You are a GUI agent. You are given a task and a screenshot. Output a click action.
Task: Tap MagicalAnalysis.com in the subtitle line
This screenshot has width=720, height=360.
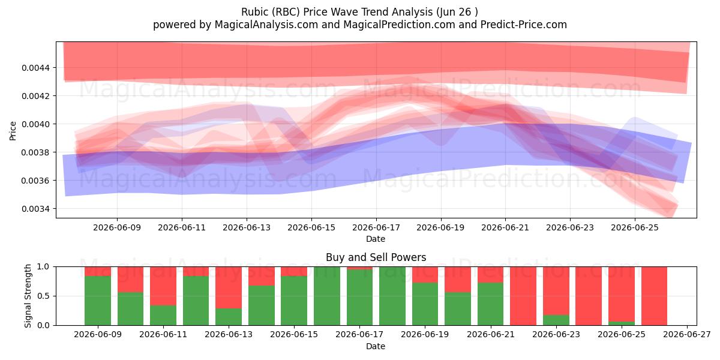(x=266, y=25)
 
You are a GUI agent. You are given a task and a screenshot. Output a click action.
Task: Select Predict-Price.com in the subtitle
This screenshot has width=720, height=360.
(x=524, y=25)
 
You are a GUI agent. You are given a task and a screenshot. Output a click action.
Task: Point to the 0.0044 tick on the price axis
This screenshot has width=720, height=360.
(x=35, y=68)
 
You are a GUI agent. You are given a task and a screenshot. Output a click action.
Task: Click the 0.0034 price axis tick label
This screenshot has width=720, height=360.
(x=35, y=209)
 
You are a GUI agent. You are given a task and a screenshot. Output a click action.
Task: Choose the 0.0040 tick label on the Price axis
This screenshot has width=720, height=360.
(x=35, y=124)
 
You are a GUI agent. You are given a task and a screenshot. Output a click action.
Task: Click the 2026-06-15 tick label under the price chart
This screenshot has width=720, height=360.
(x=311, y=227)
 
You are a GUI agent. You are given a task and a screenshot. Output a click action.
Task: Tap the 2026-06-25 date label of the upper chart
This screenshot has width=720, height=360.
(x=635, y=227)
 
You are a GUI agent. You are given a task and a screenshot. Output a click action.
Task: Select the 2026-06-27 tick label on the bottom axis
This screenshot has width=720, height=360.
(x=687, y=335)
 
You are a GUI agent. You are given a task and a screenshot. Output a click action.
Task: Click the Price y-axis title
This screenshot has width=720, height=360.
(x=13, y=131)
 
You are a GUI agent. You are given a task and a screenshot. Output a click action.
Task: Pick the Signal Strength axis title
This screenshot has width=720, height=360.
(x=28, y=296)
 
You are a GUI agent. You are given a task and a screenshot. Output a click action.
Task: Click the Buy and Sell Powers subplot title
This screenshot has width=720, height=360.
(x=376, y=257)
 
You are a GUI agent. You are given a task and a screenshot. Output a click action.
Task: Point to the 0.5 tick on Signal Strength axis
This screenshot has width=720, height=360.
(x=43, y=296)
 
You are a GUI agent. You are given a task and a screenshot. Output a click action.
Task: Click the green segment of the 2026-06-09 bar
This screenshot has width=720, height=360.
(x=98, y=301)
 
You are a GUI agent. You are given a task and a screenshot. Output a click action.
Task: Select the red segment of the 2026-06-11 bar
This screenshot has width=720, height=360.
(x=163, y=286)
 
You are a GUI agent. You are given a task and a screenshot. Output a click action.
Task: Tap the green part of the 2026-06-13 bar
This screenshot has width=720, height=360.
(x=229, y=317)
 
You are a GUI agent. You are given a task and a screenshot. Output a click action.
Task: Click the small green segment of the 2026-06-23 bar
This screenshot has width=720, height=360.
(x=556, y=320)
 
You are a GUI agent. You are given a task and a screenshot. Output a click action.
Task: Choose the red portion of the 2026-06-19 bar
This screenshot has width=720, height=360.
(x=425, y=275)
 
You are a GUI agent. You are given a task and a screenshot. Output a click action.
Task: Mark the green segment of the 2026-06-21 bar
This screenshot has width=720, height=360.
(x=491, y=304)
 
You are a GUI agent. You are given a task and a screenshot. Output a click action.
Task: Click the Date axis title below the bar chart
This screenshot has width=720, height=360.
(x=376, y=346)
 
